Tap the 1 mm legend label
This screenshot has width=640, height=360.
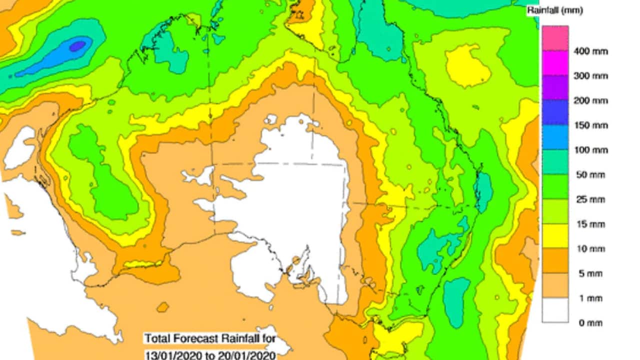coord(590,298)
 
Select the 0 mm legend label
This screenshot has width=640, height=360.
coord(590,323)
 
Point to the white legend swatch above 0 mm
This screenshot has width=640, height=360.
coord(555,310)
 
